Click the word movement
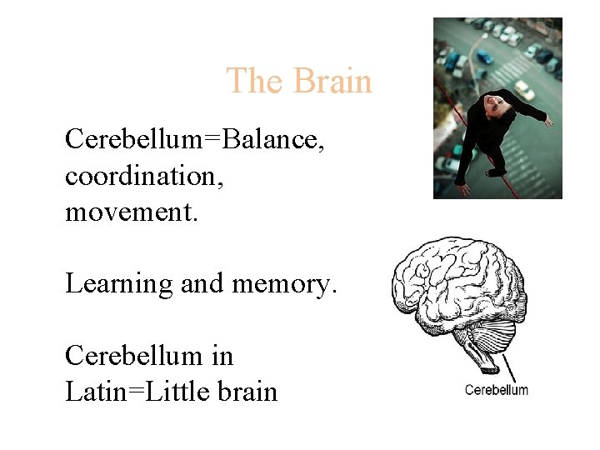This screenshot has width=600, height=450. pos(130,211)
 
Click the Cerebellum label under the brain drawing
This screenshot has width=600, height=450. pos(496,389)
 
